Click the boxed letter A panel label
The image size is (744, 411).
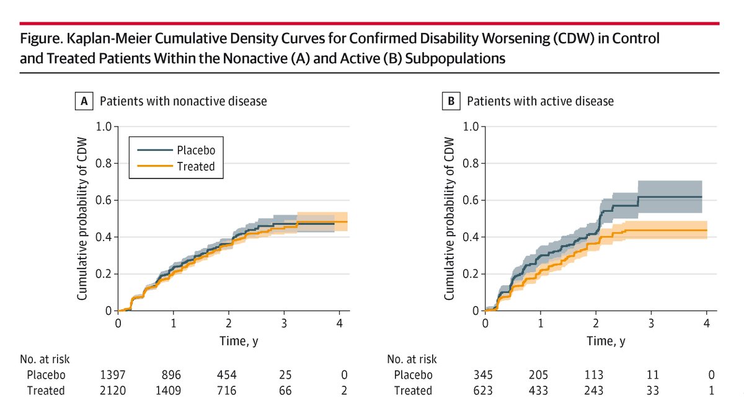[83, 101]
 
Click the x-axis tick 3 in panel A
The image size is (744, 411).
[285, 323]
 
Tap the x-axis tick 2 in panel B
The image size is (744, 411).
[596, 323]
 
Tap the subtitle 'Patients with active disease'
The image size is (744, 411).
[540, 101]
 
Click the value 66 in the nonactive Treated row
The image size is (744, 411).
[285, 391]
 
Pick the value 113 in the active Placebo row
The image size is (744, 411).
[596, 374]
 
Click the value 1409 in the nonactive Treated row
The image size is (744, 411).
[174, 391]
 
